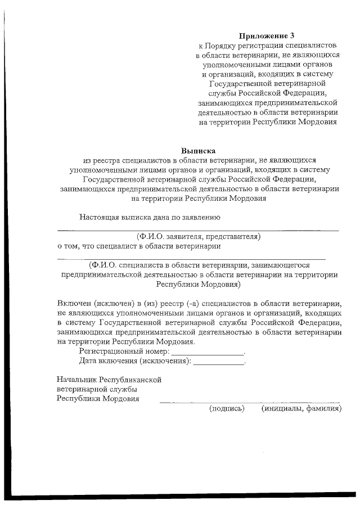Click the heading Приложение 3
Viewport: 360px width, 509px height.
(x=267, y=35)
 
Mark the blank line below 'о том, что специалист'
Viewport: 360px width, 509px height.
(x=191, y=259)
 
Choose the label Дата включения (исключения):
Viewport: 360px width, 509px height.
(x=134, y=361)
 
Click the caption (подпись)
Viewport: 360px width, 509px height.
(x=227, y=409)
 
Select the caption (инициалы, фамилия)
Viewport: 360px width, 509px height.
(x=301, y=409)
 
